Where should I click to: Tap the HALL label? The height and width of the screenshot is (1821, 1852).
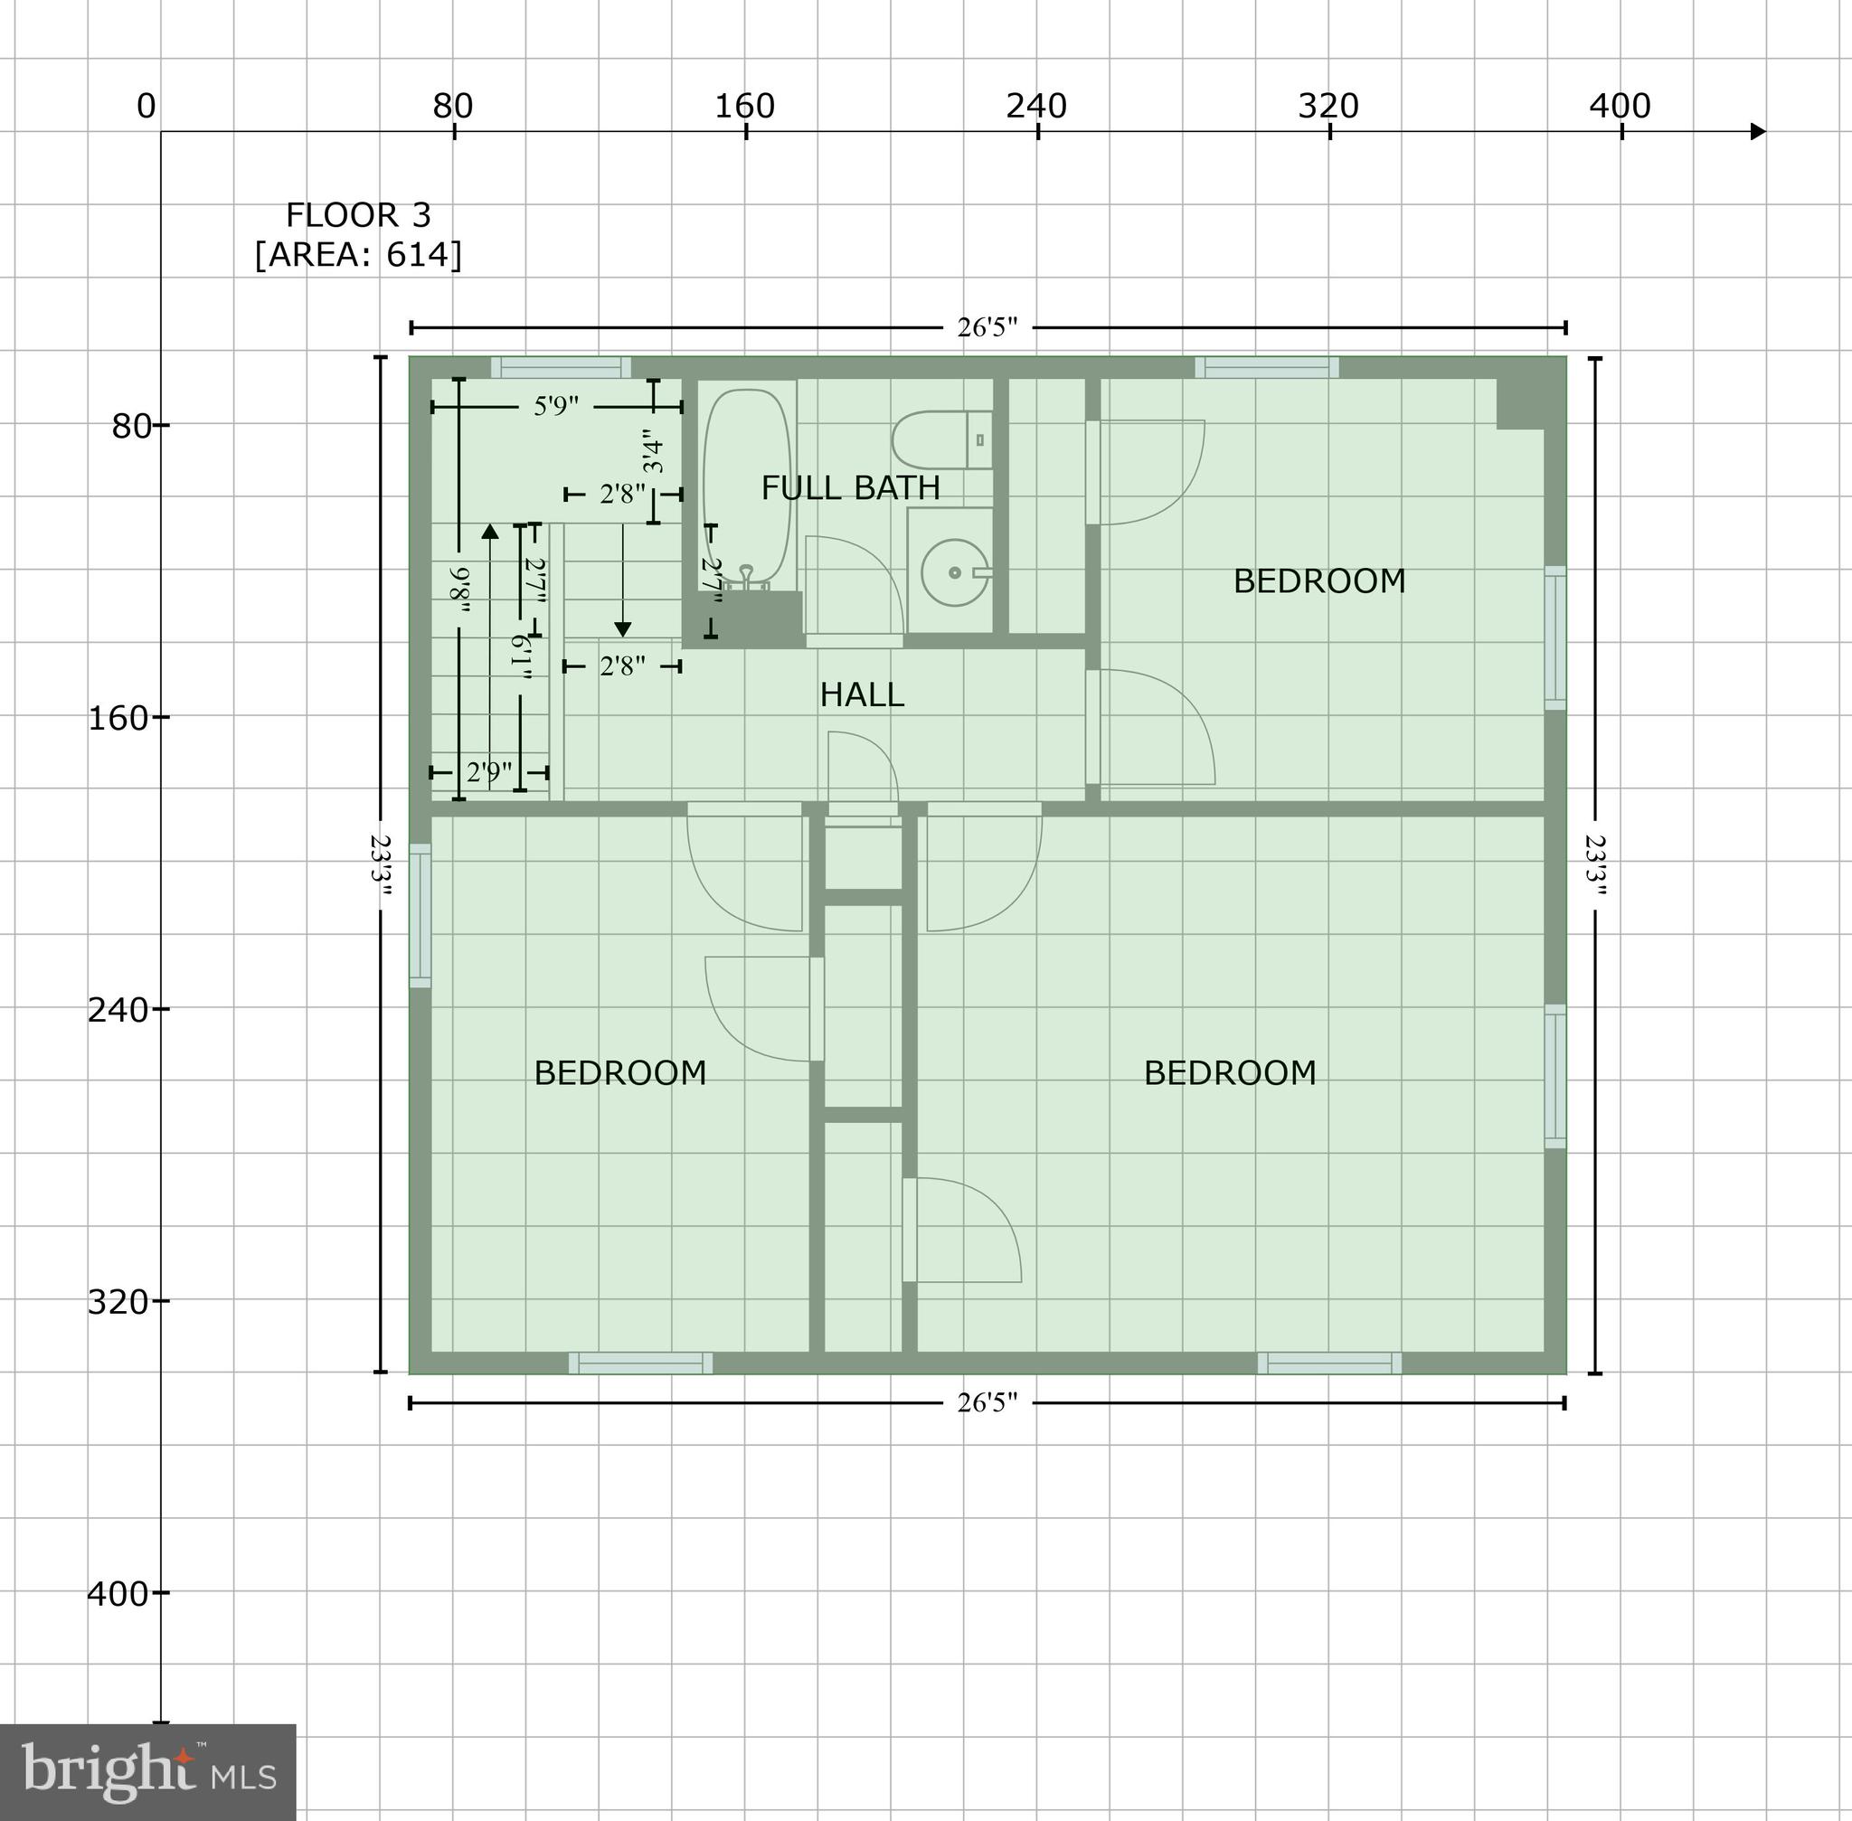click(861, 695)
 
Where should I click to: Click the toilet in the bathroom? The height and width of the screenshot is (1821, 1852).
click(941, 440)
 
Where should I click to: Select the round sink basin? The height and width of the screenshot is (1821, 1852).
click(954, 573)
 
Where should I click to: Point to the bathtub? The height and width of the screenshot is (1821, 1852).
click(747, 483)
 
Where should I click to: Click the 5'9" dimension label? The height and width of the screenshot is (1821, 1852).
click(556, 407)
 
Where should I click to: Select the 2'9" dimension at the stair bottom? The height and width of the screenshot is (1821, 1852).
click(489, 772)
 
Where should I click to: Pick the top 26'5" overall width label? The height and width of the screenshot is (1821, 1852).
click(987, 328)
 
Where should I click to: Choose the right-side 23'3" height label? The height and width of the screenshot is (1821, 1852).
click(1594, 864)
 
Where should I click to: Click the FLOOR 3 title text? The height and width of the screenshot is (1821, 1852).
click(358, 215)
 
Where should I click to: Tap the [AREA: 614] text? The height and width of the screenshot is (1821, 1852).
click(358, 255)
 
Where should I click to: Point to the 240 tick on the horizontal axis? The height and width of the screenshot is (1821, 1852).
click(1038, 131)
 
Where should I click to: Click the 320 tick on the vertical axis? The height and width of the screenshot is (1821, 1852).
click(160, 1301)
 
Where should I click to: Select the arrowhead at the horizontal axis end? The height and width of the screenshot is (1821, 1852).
click(1757, 131)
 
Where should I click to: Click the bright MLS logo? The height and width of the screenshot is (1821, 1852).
click(148, 1772)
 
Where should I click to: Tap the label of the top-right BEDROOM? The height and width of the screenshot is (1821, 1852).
click(1319, 581)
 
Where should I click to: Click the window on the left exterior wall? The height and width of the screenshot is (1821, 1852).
click(420, 915)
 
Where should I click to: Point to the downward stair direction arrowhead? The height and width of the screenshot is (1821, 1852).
click(623, 628)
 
